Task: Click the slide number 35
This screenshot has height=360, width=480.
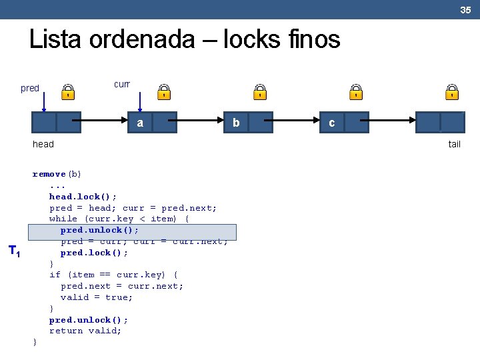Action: tap(465, 10)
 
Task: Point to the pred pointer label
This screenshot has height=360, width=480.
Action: tap(30, 88)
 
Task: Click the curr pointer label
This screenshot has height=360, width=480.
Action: tap(121, 85)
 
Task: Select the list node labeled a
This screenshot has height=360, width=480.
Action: tap(152, 123)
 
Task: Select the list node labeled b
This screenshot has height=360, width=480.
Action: tap(248, 123)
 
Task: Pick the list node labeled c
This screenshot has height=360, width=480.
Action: tap(344, 123)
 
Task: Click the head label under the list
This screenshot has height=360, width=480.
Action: tap(43, 144)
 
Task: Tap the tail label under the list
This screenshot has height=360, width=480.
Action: tap(454, 144)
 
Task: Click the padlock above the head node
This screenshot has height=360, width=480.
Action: tap(68, 92)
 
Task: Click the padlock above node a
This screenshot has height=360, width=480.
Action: tap(164, 92)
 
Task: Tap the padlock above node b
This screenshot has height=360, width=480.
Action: tap(261, 92)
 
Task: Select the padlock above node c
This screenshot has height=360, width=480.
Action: tap(356, 92)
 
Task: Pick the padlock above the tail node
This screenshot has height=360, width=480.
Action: tap(452, 92)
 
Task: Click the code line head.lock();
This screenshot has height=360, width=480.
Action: tap(83, 197)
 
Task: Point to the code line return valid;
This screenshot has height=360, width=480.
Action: tap(85, 331)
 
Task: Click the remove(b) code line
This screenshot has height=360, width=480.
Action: tap(57, 174)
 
